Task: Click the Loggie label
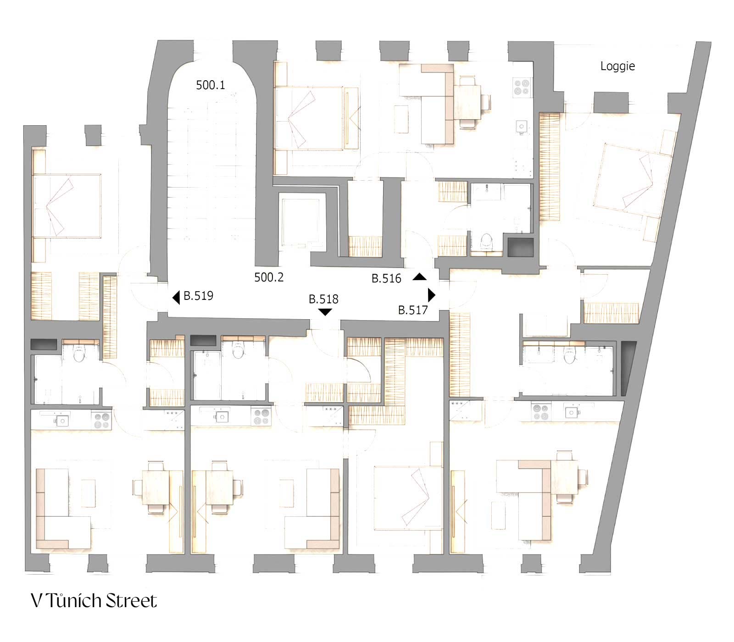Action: [617, 66]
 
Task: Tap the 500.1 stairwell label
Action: [211, 85]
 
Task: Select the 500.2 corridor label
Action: [269, 277]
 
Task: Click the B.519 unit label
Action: [198, 296]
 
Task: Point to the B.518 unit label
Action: [323, 299]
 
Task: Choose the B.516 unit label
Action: [386, 278]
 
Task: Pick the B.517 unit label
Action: [413, 310]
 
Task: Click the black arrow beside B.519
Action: [176, 298]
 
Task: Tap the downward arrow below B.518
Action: [325, 312]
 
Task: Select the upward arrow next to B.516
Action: [420, 277]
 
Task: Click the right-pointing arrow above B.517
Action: [431, 294]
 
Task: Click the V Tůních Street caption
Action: [94, 601]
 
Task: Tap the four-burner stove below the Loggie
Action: [522, 87]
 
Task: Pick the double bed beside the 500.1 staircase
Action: [309, 118]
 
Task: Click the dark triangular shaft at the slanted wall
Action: [628, 368]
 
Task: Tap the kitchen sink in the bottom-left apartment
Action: [61, 419]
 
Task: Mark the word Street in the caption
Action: [132, 601]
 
